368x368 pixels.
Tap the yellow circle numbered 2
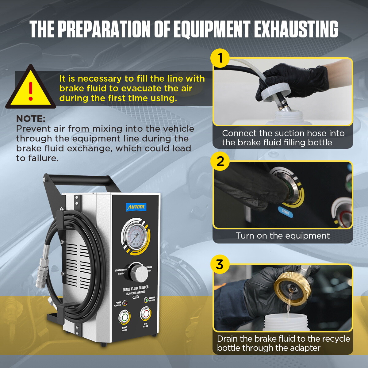220,161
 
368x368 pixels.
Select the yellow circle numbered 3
220,264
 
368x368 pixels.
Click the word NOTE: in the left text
31,119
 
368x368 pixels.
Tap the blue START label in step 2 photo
286,212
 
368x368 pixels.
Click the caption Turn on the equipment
282,236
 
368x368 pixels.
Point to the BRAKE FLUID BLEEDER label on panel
135,289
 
